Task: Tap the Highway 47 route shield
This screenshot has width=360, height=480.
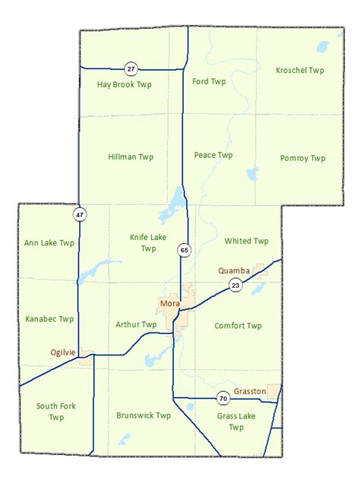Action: (x=80, y=215)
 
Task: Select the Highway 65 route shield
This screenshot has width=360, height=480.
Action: (x=183, y=248)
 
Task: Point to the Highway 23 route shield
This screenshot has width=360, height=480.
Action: (x=235, y=284)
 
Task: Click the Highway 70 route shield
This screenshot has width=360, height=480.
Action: (x=223, y=398)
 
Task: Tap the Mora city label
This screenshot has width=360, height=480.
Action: (x=169, y=304)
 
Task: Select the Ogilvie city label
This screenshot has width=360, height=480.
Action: (x=64, y=352)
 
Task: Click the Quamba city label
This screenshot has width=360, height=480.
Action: (x=234, y=269)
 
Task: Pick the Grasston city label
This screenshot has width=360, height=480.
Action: (x=250, y=391)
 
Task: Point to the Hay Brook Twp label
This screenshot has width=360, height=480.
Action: (x=125, y=84)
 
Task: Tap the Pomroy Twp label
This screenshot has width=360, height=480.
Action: (x=302, y=158)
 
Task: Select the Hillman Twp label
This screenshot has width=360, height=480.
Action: (x=131, y=156)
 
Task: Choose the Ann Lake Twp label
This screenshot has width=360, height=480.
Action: (x=49, y=243)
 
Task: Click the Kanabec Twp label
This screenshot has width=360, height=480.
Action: (x=49, y=319)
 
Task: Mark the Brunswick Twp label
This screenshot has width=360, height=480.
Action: (x=144, y=415)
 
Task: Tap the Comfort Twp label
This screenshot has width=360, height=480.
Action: (x=238, y=326)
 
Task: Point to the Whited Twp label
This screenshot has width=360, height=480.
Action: (x=247, y=241)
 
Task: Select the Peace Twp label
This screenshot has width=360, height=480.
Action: (x=213, y=155)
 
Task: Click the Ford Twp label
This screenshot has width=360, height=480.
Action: (x=210, y=81)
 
